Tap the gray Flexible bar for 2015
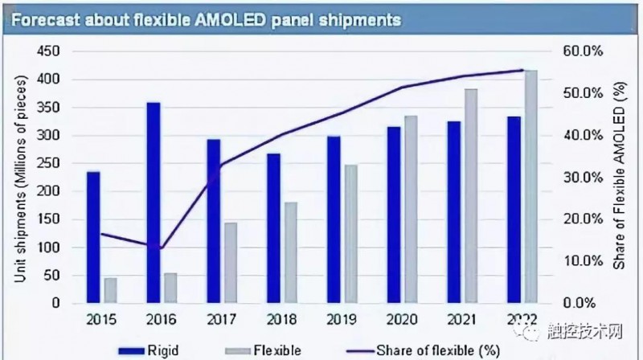[110, 291]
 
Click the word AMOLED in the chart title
[236, 19]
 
